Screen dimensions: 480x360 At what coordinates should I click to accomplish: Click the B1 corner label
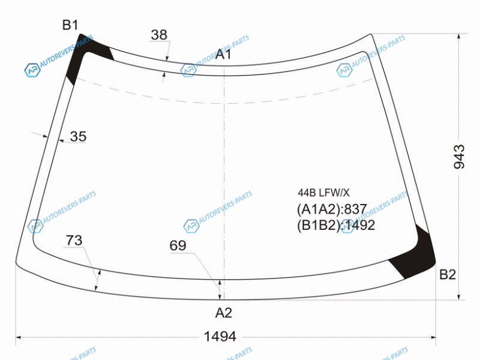click(x=70, y=25)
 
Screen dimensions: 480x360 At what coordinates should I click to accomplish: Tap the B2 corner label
click(x=448, y=274)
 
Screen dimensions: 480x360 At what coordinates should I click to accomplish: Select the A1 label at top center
click(x=223, y=54)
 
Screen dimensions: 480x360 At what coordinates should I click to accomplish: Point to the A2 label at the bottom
click(x=223, y=313)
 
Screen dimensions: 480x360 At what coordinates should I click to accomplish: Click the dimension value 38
click(x=159, y=35)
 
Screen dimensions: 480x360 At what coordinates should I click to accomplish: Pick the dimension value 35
click(x=78, y=137)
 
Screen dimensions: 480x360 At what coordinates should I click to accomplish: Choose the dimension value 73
click(x=74, y=241)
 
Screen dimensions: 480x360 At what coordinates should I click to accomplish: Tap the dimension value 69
click(x=178, y=245)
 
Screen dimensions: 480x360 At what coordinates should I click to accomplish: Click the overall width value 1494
click(x=220, y=337)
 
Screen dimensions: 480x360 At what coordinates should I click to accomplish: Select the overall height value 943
click(x=459, y=157)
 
